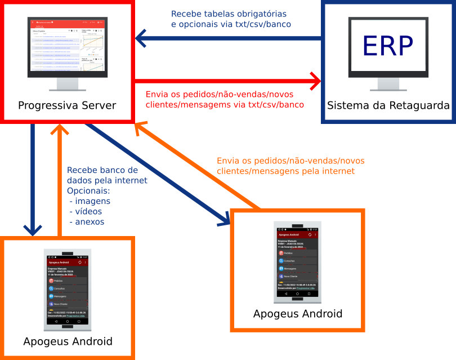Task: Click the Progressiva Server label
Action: tap(67, 105)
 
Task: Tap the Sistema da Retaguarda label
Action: tap(388, 105)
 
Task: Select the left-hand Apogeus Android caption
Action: tap(68, 341)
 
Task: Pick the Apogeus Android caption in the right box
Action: tap(298, 313)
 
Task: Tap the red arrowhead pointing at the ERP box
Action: tap(314, 81)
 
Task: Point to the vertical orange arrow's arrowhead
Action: tap(59, 131)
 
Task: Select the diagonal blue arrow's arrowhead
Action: tap(224, 220)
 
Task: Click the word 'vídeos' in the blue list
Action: tap(87, 211)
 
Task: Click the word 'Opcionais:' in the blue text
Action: tap(90, 191)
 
